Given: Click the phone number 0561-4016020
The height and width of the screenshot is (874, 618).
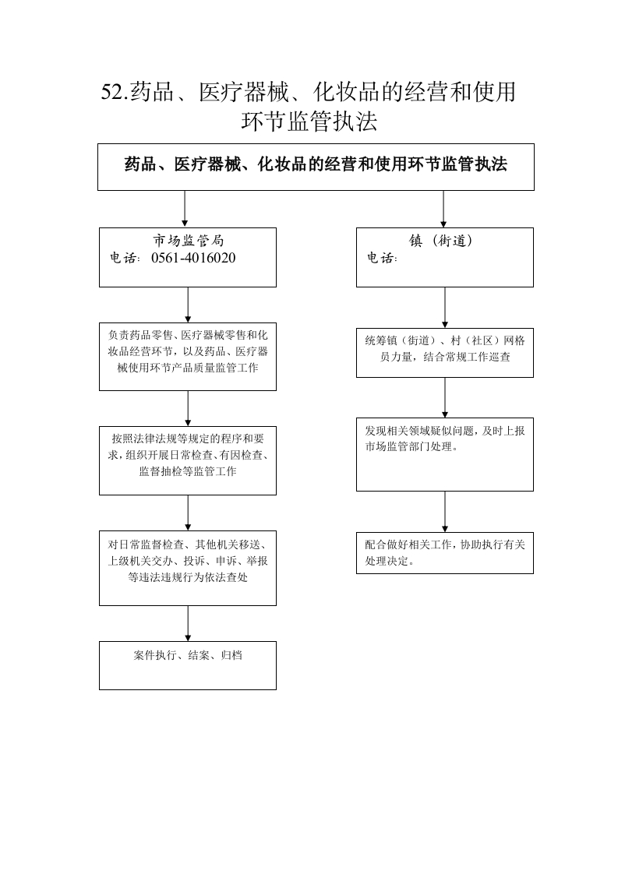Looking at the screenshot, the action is (193, 258).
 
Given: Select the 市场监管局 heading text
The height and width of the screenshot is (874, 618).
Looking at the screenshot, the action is (189, 241).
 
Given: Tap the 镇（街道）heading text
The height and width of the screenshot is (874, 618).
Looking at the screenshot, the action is (440, 241).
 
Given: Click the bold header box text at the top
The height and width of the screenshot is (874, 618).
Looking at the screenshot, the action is (316, 164).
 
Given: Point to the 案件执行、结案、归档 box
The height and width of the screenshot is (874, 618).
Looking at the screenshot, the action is (188, 665).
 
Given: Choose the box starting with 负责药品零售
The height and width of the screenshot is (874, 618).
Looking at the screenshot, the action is (188, 357).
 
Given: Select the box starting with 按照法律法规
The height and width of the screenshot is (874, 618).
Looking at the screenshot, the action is (188, 461).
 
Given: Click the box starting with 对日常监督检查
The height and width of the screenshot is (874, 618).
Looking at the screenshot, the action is (188, 568).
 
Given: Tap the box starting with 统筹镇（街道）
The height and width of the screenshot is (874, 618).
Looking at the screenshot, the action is (445, 353).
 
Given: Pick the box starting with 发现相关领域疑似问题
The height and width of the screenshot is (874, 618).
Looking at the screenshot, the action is (445, 454).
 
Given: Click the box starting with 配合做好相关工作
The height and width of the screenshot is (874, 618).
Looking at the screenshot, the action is (445, 553).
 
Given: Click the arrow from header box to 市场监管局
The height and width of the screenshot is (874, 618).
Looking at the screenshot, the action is (185, 209).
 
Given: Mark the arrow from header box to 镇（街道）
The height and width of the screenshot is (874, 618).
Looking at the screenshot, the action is (443, 209).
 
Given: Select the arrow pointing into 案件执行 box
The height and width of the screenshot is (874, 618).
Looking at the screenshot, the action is (188, 624).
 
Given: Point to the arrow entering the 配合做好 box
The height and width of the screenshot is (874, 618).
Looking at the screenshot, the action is (445, 512).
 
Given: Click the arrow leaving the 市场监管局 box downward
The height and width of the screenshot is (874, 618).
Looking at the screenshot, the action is (188, 305).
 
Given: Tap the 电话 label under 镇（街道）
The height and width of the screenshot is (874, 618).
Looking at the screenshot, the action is (382, 258).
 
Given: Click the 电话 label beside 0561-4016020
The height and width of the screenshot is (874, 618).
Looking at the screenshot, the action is (125, 258).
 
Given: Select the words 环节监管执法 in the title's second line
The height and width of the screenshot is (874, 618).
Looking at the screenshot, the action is (309, 122).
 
